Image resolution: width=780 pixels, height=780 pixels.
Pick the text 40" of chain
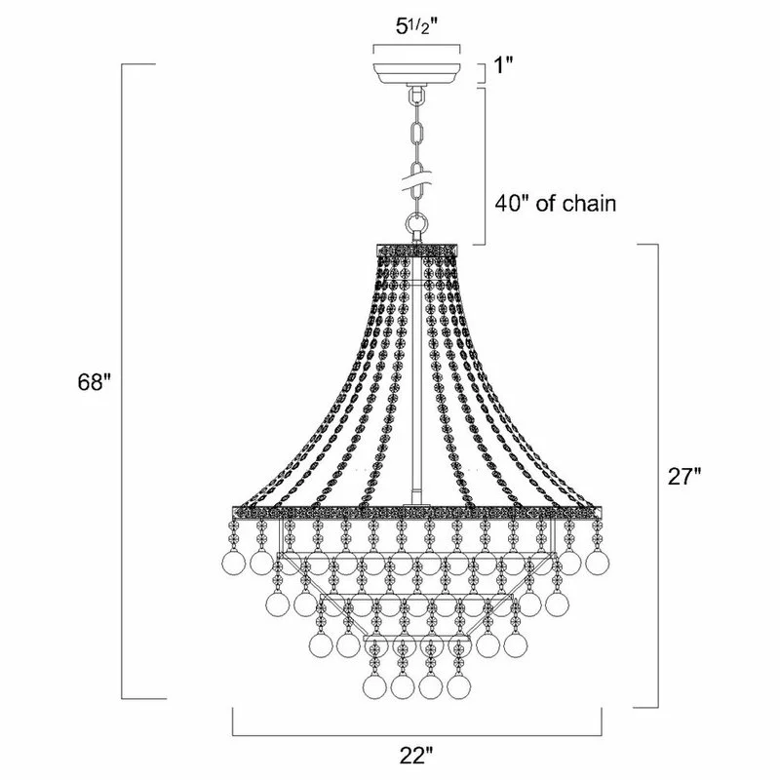coord(556,206)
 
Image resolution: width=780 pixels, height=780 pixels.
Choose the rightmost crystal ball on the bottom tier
coord(457,685)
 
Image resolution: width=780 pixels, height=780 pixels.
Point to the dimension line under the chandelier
coord(416,734)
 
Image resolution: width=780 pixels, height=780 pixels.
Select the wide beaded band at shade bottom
coord(417,511)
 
